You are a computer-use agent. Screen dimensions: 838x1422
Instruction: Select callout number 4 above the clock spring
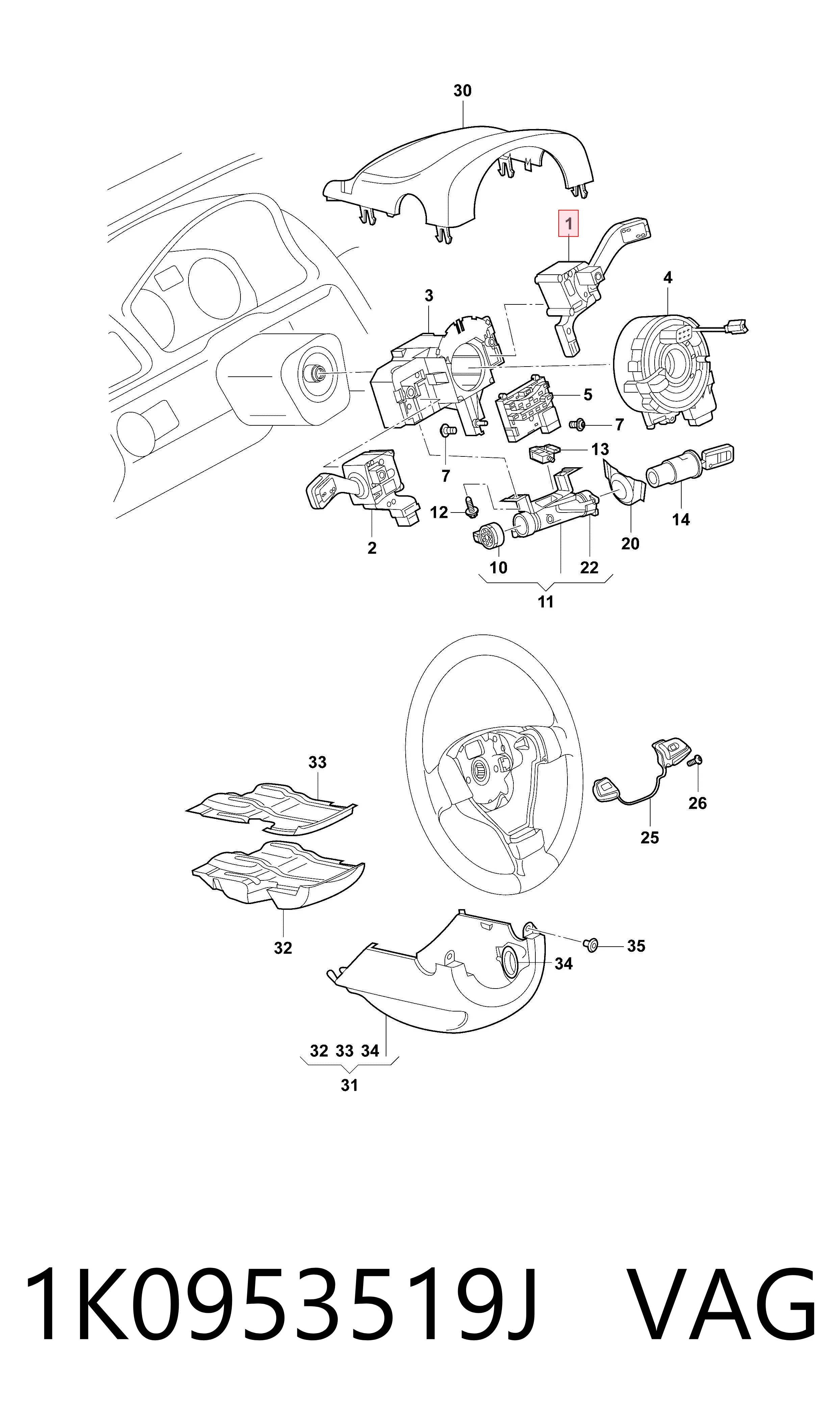pyautogui.click(x=668, y=277)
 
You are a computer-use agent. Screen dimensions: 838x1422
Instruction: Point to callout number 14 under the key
pyautogui.click(x=681, y=520)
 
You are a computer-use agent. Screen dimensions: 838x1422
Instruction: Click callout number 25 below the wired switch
pyautogui.click(x=650, y=838)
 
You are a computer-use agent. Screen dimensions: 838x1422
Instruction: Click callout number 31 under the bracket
pyautogui.click(x=350, y=1085)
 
